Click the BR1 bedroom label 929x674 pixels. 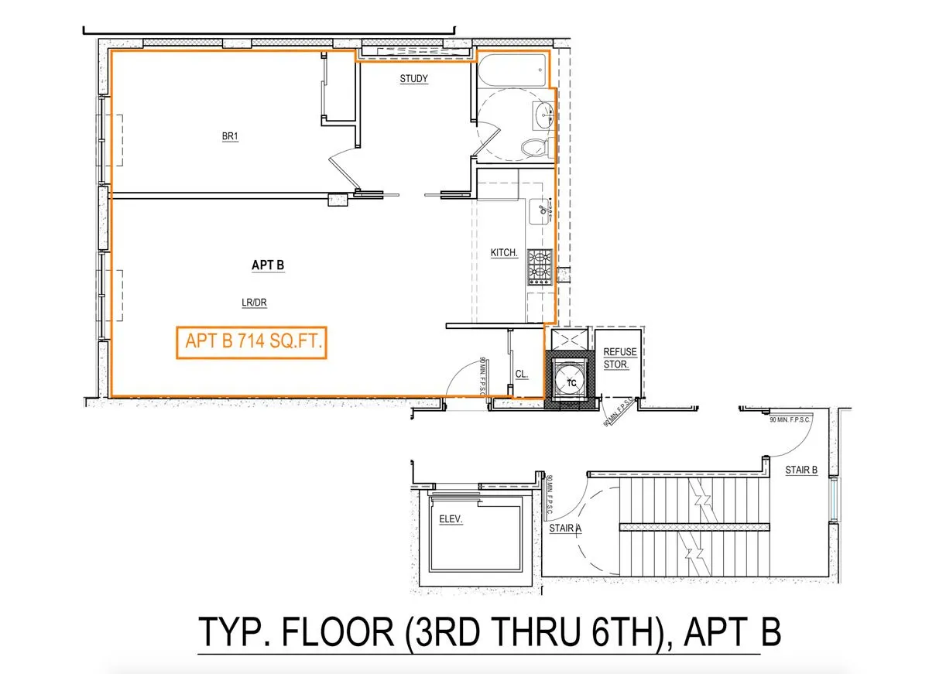pos(229,137)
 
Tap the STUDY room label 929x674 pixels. pos(413,79)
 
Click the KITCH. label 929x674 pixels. pos(504,253)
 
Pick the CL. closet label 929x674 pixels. pos(522,375)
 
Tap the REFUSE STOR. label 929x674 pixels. pos(620,358)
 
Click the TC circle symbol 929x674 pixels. pos(571,381)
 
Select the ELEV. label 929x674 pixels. pos(450,521)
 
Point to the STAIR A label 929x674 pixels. pos(564,529)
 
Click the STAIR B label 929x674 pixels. pos(800,470)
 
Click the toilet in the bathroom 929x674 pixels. pos(534,146)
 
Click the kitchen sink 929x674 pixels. pos(540,209)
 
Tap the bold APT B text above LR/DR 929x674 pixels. pos(268,265)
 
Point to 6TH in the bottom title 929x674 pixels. pos(616,632)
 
